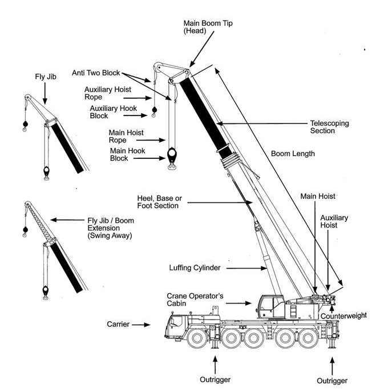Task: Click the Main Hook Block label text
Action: (x=127, y=154)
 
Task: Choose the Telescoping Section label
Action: (x=329, y=127)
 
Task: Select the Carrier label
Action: (x=118, y=325)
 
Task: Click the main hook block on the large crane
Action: (x=171, y=155)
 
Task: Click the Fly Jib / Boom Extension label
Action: (x=111, y=228)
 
